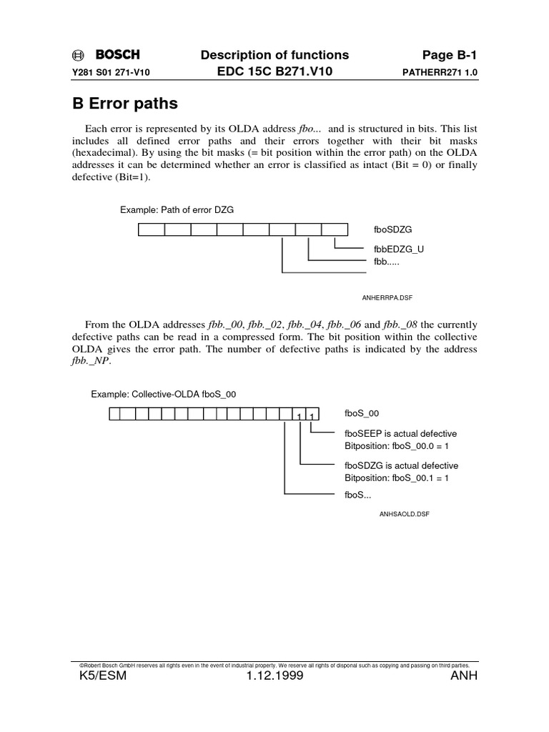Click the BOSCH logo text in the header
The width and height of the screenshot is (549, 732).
117,55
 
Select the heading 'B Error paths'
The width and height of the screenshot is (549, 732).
125,104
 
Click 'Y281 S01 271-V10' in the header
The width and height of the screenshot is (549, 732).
111,73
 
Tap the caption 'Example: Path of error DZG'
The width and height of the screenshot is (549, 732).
177,210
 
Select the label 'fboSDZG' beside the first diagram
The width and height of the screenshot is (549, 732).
392,229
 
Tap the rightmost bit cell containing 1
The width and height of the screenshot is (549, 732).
312,415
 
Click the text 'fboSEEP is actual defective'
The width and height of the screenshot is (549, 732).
400,434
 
